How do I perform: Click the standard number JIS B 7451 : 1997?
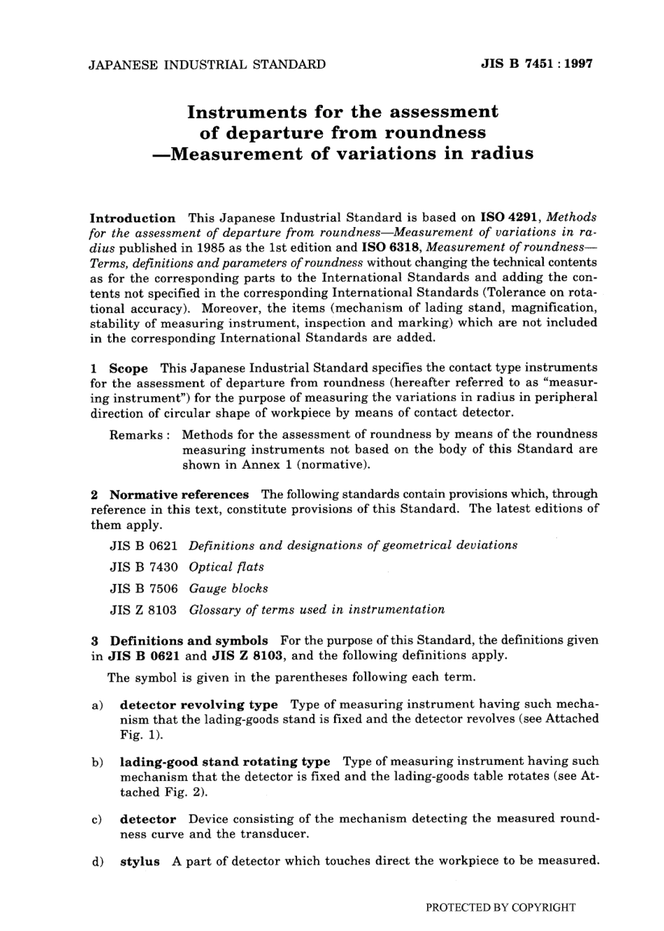[x=536, y=64]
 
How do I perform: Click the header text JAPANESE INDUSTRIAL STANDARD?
[x=208, y=64]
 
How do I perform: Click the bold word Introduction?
[x=133, y=218]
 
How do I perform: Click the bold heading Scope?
[x=129, y=368]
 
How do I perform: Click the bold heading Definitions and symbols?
[x=189, y=640]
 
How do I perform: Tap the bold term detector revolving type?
[x=199, y=705]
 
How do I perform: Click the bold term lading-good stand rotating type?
[x=224, y=762]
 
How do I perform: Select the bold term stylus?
[x=140, y=862]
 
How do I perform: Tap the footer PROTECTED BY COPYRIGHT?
[x=500, y=908]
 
